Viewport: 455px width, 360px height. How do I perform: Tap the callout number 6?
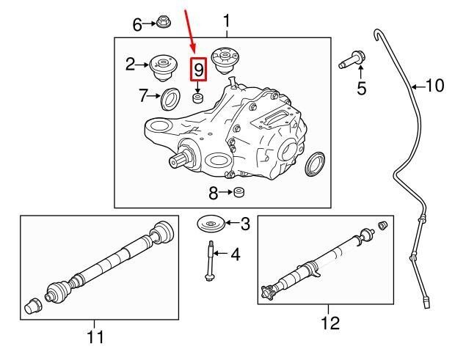pos(137,25)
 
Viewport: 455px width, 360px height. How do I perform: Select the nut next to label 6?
pos(163,24)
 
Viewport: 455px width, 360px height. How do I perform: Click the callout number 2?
pos(131,65)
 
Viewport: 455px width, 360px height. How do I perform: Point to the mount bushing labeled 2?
pos(161,67)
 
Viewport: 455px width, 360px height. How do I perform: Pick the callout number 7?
pos(144,95)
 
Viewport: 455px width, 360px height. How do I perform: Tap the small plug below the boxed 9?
pos(197,97)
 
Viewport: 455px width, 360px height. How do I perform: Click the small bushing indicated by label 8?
pos(239,194)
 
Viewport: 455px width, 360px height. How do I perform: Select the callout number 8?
pos(213,194)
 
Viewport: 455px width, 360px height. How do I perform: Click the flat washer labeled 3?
pos(210,224)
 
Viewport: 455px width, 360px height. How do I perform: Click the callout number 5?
pos(360,89)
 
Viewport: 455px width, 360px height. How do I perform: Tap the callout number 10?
pos(434,86)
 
